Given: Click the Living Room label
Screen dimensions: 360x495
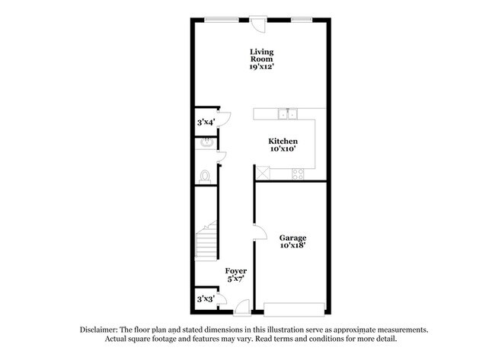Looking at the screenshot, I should (x=261, y=55).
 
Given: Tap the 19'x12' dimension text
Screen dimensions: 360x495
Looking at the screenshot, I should (x=261, y=67).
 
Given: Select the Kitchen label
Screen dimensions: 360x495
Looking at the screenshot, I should (x=282, y=142).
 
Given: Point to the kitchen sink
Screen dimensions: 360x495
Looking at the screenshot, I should (x=287, y=114).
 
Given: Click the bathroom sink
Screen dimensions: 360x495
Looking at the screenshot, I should (x=204, y=142).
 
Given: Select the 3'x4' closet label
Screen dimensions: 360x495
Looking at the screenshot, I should (x=206, y=122).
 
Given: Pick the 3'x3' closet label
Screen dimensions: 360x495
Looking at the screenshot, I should (x=206, y=299).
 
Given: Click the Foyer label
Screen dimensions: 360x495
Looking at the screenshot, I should (x=235, y=270).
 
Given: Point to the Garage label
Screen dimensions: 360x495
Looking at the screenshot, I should (x=292, y=237).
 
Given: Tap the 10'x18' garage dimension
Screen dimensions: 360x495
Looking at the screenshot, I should (x=292, y=245).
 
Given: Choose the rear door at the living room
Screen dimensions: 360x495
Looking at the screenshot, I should (x=259, y=24).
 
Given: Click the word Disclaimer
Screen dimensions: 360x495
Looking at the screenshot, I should (x=99, y=330).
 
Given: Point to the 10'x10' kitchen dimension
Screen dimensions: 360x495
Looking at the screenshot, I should (x=282, y=150).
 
